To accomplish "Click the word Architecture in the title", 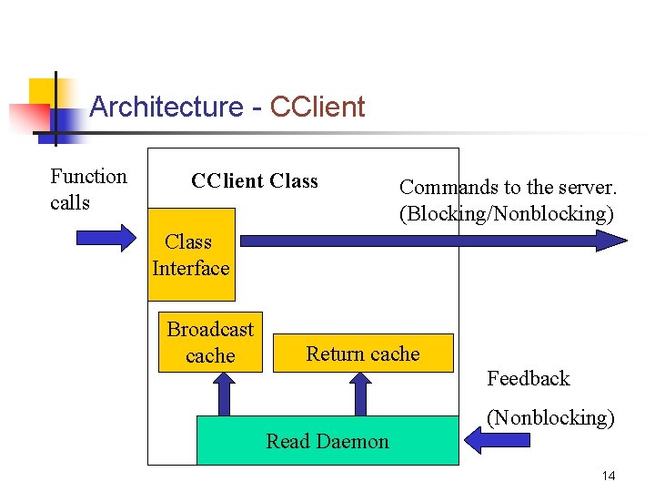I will pyautogui.click(x=166, y=108).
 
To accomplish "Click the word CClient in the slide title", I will pyautogui.click(x=317, y=108).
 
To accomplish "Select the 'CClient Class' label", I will pyautogui.click(x=254, y=180).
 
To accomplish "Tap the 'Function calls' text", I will pyautogui.click(x=87, y=189).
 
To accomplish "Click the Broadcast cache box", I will pyautogui.click(x=210, y=343).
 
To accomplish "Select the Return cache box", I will pyautogui.click(x=363, y=354).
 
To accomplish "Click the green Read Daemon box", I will pyautogui.click(x=327, y=441).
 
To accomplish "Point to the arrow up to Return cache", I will pyautogui.click(x=361, y=394).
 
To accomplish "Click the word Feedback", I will pyautogui.click(x=528, y=378).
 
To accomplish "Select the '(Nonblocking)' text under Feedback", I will pyautogui.click(x=550, y=418).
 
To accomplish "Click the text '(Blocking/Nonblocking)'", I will pyautogui.click(x=507, y=214).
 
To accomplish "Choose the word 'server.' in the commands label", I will pyautogui.click(x=587, y=188).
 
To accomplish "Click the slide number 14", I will pyautogui.click(x=609, y=477).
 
